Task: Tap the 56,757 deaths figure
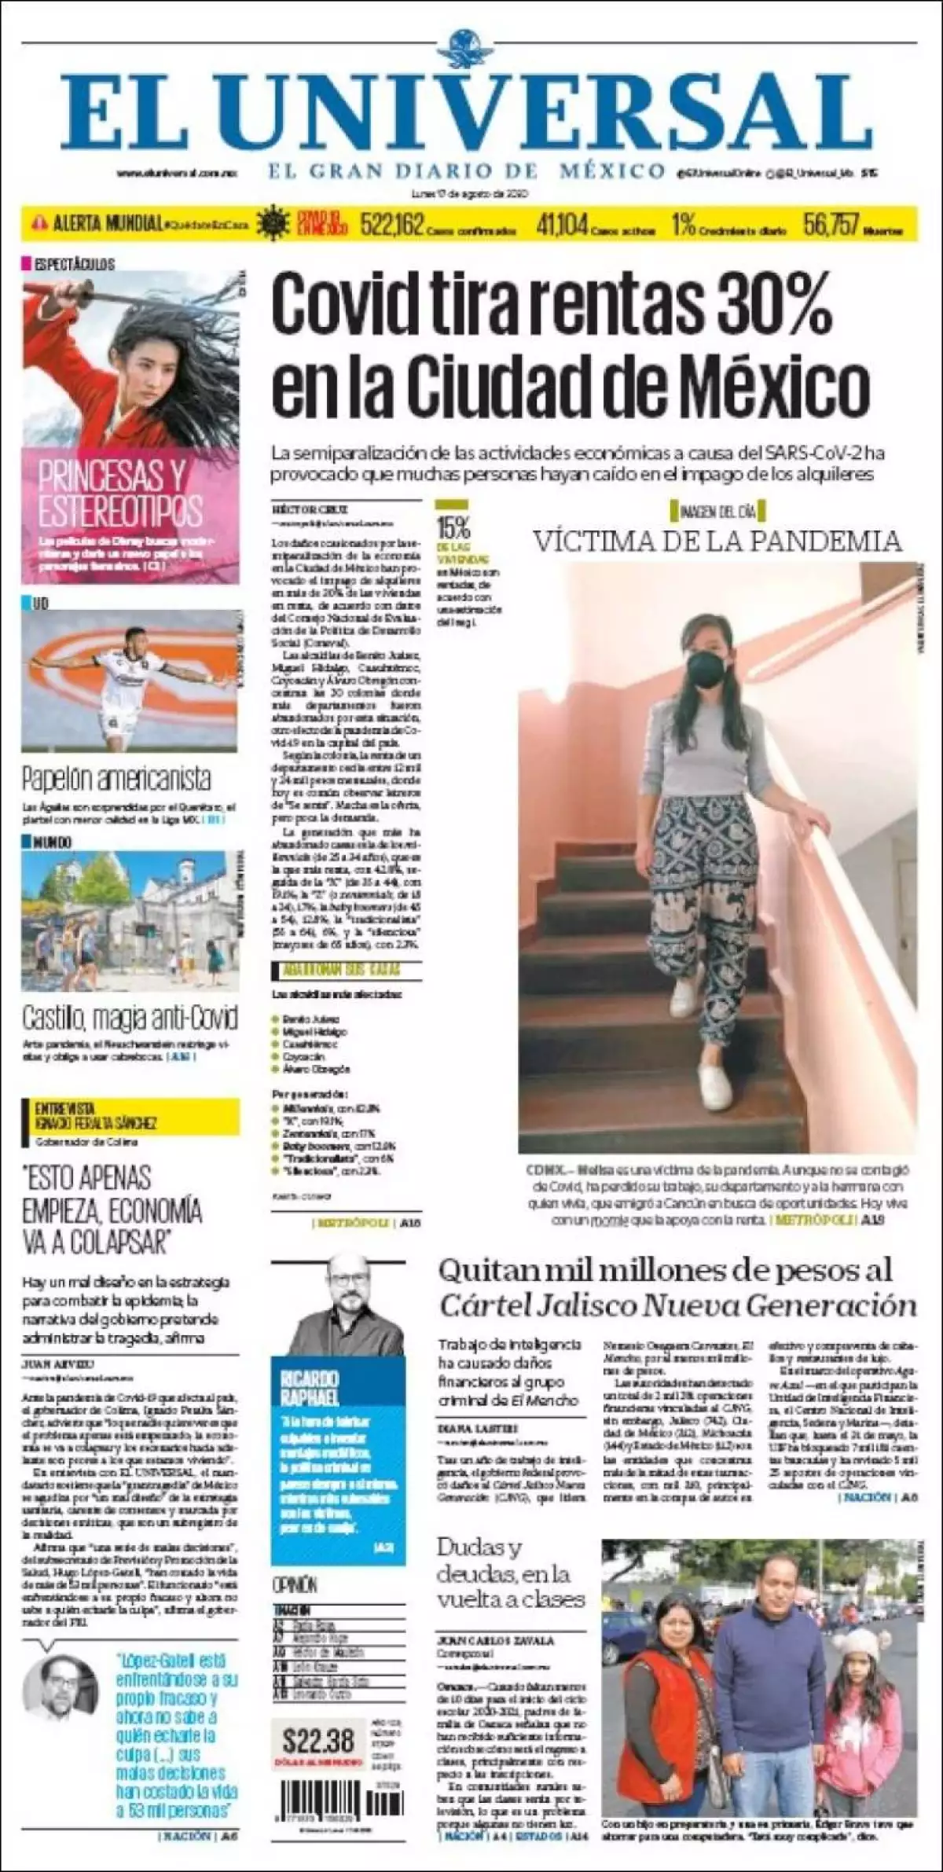[x=831, y=226]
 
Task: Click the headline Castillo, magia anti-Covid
[x=130, y=1019]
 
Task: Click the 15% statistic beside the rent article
[x=453, y=526]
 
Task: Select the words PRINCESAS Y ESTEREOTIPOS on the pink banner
[x=120, y=493]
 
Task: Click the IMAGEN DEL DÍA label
[x=717, y=512]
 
